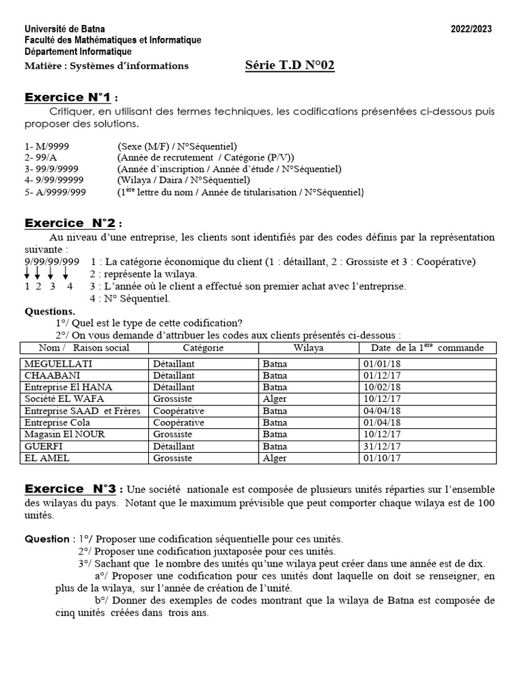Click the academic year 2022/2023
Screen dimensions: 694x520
tap(471, 28)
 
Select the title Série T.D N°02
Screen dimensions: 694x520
tap(289, 66)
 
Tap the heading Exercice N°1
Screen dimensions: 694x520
tap(71, 97)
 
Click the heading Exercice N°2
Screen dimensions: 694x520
tap(73, 223)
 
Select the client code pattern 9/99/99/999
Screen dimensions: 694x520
tap(52, 262)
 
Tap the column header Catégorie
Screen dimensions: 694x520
tap(203, 348)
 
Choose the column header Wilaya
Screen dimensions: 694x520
tap(308, 348)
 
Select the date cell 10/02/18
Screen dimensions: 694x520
tap(382, 387)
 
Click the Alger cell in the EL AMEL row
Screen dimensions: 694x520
tap(275, 458)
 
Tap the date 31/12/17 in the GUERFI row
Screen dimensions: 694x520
tap(382, 447)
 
